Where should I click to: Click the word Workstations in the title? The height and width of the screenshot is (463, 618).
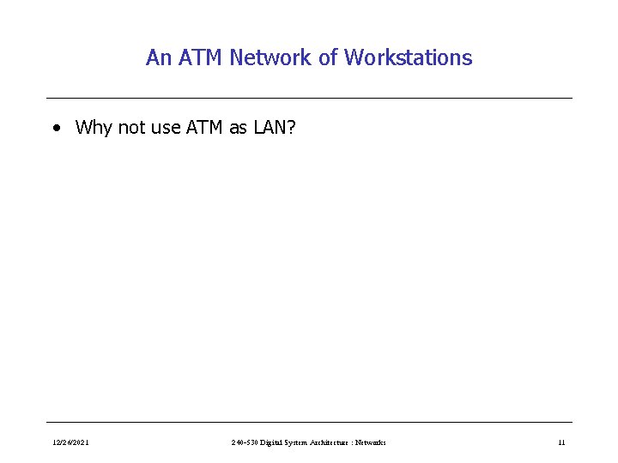tap(408, 57)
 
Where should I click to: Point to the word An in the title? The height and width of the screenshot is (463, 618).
tap(157, 57)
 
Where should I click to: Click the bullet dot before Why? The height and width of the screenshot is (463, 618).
tap(56, 129)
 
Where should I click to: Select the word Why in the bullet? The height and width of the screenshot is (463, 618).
tap(93, 128)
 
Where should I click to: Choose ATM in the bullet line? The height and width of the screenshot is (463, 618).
tap(203, 128)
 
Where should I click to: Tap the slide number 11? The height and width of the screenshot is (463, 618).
tap(561, 442)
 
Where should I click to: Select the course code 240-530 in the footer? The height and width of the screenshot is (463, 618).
tap(246, 442)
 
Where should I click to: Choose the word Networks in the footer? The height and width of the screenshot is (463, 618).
tap(373, 442)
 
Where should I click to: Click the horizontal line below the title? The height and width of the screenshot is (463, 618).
tap(309, 98)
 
